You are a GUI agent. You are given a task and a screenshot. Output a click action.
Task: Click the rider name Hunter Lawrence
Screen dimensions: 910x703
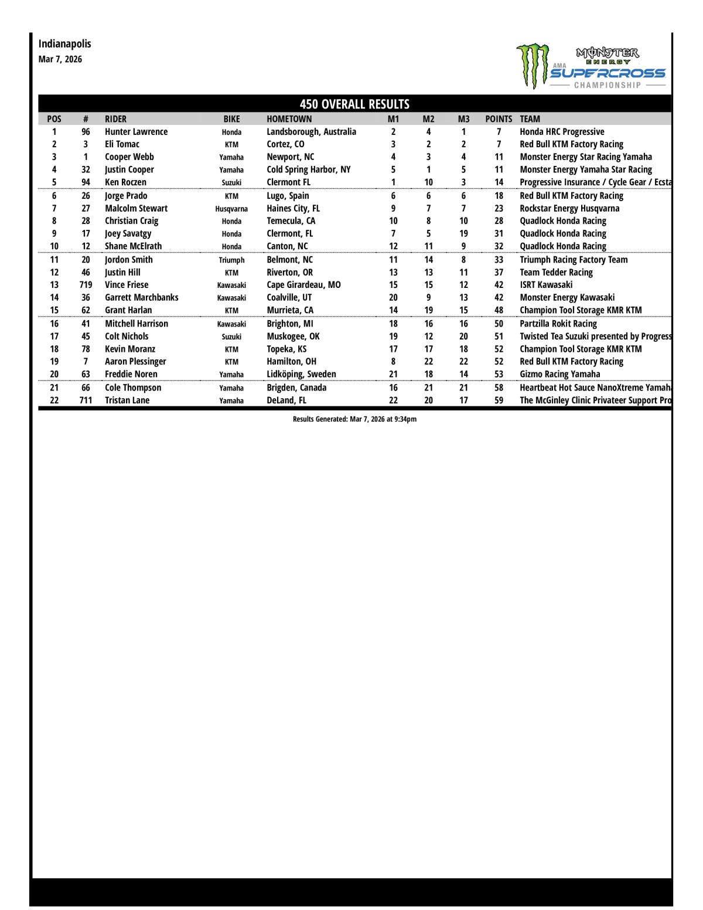pos(136,132)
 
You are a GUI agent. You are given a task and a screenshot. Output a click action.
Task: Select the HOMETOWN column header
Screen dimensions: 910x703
pos(289,119)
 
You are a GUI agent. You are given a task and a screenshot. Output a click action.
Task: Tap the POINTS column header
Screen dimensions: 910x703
pos(499,119)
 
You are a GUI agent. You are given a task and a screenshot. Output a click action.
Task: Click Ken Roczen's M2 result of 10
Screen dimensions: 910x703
pos(428,182)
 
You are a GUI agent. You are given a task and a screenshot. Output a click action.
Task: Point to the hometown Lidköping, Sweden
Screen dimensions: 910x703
pos(301,374)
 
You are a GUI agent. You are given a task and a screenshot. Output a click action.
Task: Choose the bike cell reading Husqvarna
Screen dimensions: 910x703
pos(231,209)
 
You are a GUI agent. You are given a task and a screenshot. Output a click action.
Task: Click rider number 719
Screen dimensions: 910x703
pos(86,285)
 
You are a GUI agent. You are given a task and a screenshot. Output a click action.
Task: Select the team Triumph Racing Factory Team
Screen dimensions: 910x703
pos(574,260)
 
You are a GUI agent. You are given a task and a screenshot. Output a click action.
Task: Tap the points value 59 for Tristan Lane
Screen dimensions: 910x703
pos(499,400)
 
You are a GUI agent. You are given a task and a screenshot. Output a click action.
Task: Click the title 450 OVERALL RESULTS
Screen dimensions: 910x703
pos(354,104)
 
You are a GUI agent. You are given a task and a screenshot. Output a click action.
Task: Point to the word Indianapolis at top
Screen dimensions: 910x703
pos(65,44)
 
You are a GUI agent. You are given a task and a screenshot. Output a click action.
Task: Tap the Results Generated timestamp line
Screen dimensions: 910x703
pos(354,419)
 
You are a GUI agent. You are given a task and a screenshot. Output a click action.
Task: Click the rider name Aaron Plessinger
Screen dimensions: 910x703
pos(135,362)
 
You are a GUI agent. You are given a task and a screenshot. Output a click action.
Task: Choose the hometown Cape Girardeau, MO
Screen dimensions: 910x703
pos(303,285)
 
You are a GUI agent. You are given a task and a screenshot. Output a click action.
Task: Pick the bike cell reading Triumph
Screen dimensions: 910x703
pos(231,260)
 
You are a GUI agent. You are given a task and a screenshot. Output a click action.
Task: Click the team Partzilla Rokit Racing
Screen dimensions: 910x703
pos(558,324)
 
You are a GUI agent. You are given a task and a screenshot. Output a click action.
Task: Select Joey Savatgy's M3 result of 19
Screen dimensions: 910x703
pos(463,233)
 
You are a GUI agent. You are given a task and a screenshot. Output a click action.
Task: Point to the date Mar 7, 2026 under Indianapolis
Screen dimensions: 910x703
pos(60,59)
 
